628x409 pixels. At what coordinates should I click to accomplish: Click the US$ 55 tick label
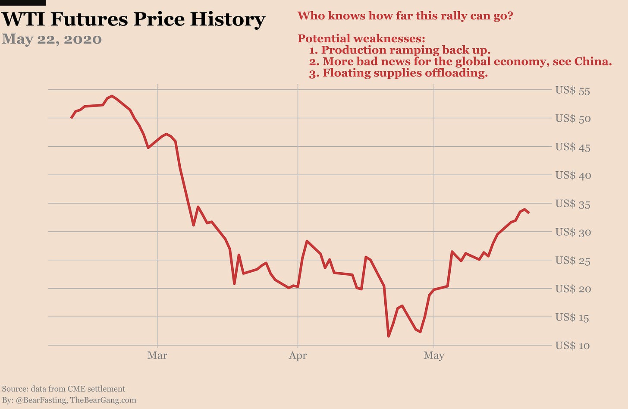572,91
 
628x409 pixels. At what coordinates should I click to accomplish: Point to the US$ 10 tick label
572,346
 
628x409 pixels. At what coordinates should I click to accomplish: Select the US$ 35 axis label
572,204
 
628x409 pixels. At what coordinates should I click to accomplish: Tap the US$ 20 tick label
572,289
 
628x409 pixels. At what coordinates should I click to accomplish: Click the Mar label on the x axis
157,356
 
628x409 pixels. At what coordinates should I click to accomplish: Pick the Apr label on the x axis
298,356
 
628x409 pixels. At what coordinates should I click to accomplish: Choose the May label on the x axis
433,356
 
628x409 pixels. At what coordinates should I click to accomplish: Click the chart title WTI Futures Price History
133,19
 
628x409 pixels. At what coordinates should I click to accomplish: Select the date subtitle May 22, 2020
52,39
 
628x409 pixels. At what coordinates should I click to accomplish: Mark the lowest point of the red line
389,336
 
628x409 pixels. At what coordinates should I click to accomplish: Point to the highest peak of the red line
112,96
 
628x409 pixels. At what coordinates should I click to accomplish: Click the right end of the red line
529,213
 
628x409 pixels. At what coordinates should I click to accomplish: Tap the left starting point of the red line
71,118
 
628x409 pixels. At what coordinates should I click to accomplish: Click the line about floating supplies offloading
398,73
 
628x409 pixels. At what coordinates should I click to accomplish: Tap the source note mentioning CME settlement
63,389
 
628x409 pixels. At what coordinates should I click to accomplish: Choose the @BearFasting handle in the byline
41,400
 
